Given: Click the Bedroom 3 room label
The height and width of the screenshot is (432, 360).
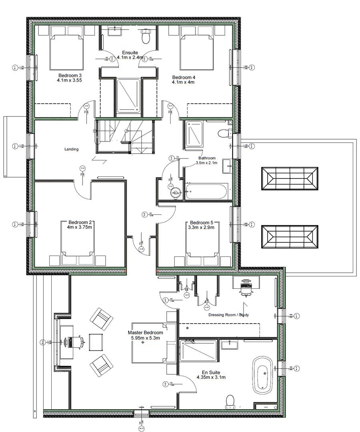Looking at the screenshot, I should point(70,76).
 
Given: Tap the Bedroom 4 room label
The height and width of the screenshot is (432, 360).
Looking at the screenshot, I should point(183,77).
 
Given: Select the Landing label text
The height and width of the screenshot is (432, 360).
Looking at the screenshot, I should point(71,149).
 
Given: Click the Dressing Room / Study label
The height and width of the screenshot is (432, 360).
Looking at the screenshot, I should point(229,315).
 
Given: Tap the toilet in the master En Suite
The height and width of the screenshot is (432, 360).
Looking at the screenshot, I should point(230,400).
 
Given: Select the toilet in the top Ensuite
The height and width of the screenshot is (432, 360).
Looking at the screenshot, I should point(146,37).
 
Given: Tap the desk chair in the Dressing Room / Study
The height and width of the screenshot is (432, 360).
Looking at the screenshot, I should point(245,287).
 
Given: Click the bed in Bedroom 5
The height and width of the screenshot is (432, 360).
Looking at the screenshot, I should point(202,244).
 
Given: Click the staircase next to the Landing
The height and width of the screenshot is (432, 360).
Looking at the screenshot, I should point(124,136).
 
